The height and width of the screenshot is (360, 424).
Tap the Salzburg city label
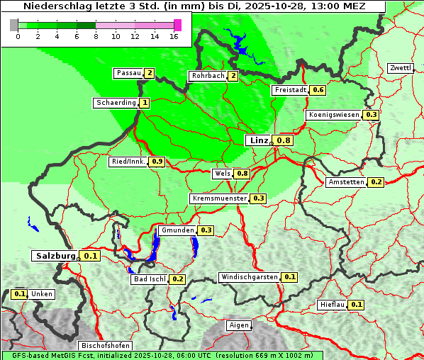tap(55, 256)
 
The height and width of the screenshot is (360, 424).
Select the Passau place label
tap(128, 73)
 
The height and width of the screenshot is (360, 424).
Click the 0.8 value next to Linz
tap(284, 140)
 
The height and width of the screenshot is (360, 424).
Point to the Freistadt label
tap(290, 90)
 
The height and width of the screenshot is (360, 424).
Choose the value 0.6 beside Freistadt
tap(318, 90)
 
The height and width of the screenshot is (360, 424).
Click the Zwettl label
tap(400, 68)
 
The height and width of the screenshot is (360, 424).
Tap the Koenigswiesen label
tap(334, 115)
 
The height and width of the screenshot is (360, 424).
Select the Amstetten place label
tap(346, 182)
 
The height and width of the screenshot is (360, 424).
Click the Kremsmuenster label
tap(219, 198)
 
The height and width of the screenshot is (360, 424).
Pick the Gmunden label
tap(177, 230)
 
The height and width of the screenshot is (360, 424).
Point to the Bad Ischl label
tap(150, 279)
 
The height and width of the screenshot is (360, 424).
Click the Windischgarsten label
tap(249, 277)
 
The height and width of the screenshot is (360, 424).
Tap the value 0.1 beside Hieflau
tap(357, 305)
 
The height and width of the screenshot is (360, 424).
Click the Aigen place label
tap(239, 325)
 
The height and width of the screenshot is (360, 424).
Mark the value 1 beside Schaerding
tap(145, 103)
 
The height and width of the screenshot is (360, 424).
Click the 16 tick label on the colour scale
tap(174, 36)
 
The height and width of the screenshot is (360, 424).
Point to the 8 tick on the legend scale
tap(95, 36)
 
